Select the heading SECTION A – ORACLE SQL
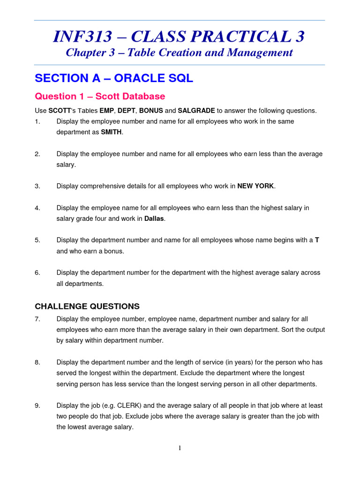click(x=114, y=78)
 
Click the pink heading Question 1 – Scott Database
click(x=100, y=97)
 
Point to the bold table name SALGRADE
click(x=196, y=111)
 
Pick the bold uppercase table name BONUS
click(x=150, y=111)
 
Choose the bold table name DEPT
click(x=125, y=111)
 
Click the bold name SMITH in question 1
click(x=111, y=132)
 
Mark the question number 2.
click(x=37, y=154)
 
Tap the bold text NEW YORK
click(x=255, y=186)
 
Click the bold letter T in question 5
click(x=317, y=240)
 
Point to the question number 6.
click(x=37, y=272)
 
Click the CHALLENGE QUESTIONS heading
click(x=87, y=307)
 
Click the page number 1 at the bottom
click(x=180, y=448)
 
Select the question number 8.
click(x=37, y=362)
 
